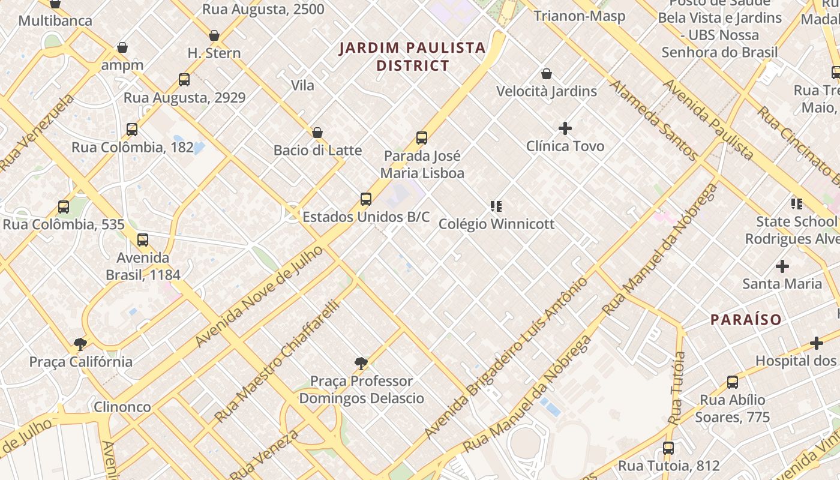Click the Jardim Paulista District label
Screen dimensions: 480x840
412,56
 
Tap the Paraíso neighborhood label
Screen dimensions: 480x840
746,319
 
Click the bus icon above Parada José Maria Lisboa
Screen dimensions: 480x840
422,138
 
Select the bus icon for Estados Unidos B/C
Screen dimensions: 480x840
366,199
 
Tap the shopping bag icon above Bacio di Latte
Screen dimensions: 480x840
317,133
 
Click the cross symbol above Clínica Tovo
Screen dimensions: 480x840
565,128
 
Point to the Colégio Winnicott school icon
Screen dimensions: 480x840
496,206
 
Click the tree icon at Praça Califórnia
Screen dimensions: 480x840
80,344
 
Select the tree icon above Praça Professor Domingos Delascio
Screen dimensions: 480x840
361,363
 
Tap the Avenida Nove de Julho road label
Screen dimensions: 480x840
259,296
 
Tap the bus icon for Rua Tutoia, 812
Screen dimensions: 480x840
668,448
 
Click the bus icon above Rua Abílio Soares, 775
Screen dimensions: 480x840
732,382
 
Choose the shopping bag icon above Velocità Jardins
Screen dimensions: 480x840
546,74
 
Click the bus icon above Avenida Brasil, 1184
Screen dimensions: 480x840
143,240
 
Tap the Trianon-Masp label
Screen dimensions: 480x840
580,16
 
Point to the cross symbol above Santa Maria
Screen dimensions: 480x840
782,266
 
